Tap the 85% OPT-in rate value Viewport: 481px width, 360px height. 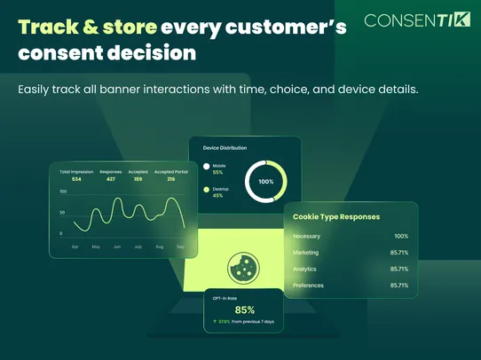point(245,309)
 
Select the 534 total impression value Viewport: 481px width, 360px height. point(76,179)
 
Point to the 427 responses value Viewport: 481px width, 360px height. point(111,179)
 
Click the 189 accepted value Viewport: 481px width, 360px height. point(138,179)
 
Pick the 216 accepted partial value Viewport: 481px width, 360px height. point(170,179)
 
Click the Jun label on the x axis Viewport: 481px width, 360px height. point(116,247)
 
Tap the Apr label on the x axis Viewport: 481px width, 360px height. point(75,247)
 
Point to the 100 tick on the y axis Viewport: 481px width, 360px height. point(63,192)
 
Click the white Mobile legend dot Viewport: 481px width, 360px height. point(207,166)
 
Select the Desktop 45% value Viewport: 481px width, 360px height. point(217,196)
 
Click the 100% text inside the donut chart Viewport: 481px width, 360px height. point(266,181)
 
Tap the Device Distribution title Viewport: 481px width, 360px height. point(225,148)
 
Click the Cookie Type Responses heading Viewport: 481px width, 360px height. point(336,216)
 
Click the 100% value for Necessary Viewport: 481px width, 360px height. point(401,237)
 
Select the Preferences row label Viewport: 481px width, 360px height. point(308,286)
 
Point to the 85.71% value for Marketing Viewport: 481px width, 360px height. point(398,253)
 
